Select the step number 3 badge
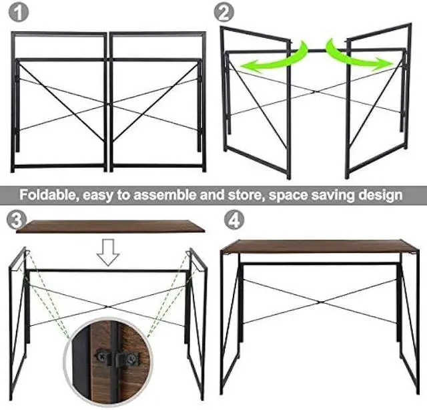pos(13,218)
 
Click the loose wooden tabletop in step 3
pos(110,226)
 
